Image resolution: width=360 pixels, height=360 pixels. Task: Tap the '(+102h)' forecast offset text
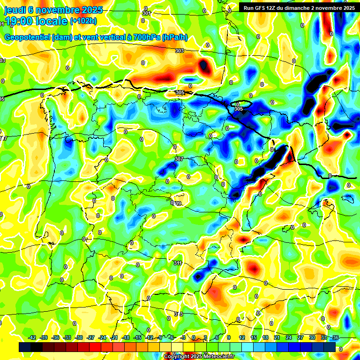83,21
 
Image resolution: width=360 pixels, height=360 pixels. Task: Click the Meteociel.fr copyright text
199,357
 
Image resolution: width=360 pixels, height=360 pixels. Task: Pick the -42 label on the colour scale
32,337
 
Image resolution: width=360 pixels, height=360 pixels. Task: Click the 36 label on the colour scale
335,337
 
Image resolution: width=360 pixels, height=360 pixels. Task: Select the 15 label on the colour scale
254,337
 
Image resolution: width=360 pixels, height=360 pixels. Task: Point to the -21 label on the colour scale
114,337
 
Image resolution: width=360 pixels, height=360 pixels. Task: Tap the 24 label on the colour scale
289,337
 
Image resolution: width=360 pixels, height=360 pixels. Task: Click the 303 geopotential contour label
179,51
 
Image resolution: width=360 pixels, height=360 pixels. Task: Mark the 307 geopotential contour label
179,159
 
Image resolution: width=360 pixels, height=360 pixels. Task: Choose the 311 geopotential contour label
178,263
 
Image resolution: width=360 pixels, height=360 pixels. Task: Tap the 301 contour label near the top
147,14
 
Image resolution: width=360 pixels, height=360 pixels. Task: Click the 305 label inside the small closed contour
239,109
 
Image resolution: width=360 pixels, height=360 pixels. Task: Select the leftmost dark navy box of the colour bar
25,347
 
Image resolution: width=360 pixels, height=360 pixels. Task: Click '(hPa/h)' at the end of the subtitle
174,37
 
